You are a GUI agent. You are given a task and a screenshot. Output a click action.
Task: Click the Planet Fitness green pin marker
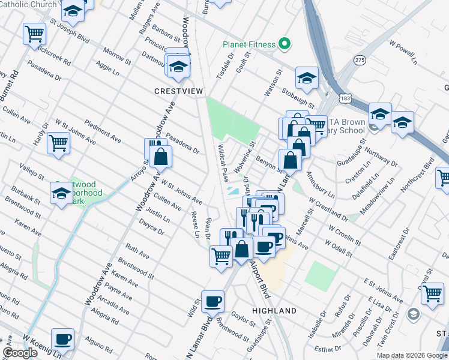(285, 44)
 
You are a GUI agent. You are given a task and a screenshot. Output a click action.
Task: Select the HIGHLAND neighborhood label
(274, 311)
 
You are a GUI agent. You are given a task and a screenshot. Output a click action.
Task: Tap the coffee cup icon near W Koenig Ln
(62, 339)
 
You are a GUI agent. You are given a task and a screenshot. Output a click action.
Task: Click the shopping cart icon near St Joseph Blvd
(34, 33)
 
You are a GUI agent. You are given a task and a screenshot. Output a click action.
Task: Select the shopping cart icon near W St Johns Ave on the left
(59, 143)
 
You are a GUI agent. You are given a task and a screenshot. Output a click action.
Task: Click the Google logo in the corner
(20, 353)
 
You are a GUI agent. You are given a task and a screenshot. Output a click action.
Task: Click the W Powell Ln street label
(403, 52)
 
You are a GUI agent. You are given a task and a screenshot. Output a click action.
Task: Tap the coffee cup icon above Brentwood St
(212, 302)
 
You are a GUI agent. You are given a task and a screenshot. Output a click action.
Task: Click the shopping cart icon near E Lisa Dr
(432, 293)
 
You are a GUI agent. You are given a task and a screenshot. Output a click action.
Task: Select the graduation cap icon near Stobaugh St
(307, 78)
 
